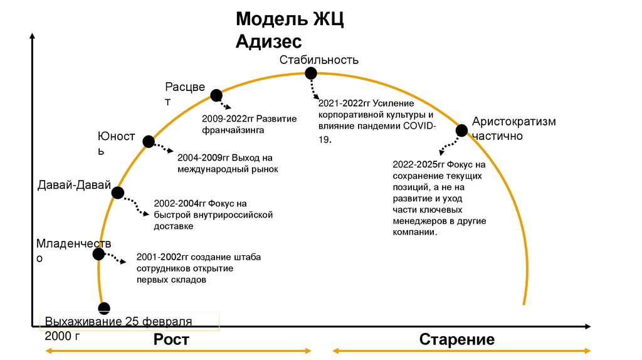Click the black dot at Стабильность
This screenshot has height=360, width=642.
(x=311, y=73)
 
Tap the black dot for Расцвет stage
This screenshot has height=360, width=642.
(x=216, y=95)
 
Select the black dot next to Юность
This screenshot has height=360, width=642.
(x=149, y=142)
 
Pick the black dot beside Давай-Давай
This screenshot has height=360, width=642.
(x=117, y=193)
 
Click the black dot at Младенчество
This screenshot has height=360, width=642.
(x=98, y=254)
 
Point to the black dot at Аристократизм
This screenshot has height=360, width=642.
(x=461, y=130)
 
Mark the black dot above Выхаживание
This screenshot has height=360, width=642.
(x=104, y=307)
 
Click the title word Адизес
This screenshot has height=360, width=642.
(x=269, y=42)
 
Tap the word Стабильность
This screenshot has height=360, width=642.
(x=319, y=60)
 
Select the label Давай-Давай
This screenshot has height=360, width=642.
(x=74, y=185)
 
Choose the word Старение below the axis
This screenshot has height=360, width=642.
(x=456, y=340)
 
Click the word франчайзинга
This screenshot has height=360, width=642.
(x=233, y=130)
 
